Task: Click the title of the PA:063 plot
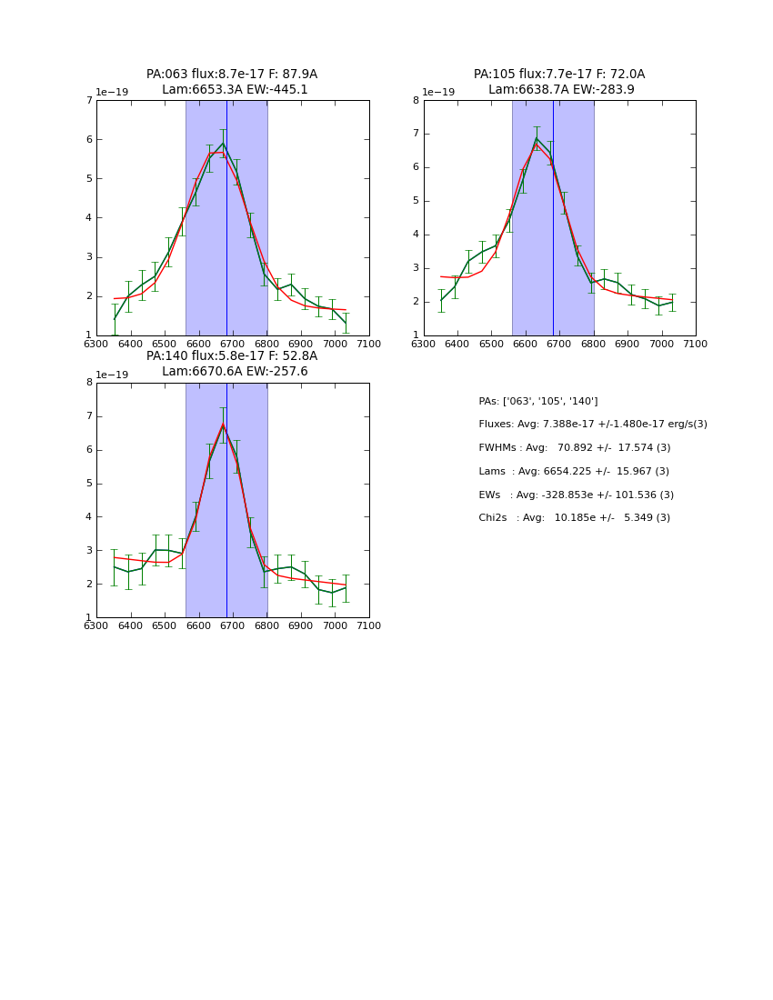pyautogui.click(x=232, y=82)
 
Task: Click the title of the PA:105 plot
pyautogui.click(x=559, y=82)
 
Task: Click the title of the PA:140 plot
pyautogui.click(x=232, y=364)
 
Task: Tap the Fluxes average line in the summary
pyautogui.click(x=592, y=425)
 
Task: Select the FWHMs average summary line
pyautogui.click(x=574, y=447)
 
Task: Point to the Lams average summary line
pyautogui.click(x=573, y=471)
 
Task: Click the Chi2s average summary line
pyautogui.click(x=574, y=517)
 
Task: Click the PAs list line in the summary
pyautogui.click(x=537, y=401)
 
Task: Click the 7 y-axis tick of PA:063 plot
pyautogui.click(x=89, y=100)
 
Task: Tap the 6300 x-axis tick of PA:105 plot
pyautogui.click(x=424, y=343)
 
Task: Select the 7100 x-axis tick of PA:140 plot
pyautogui.click(x=369, y=625)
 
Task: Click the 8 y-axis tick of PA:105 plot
pyautogui.click(x=417, y=100)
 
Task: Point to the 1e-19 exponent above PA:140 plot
pyautogui.click(x=114, y=375)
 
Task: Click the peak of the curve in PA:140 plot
pyautogui.click(x=223, y=425)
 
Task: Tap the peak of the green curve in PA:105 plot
pyautogui.click(x=537, y=138)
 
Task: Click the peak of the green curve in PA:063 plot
pyautogui.click(x=223, y=143)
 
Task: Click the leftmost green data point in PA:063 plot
pyautogui.click(x=115, y=319)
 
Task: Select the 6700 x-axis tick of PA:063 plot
pyautogui.click(x=233, y=343)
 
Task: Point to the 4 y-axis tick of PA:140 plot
pyautogui.click(x=89, y=517)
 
